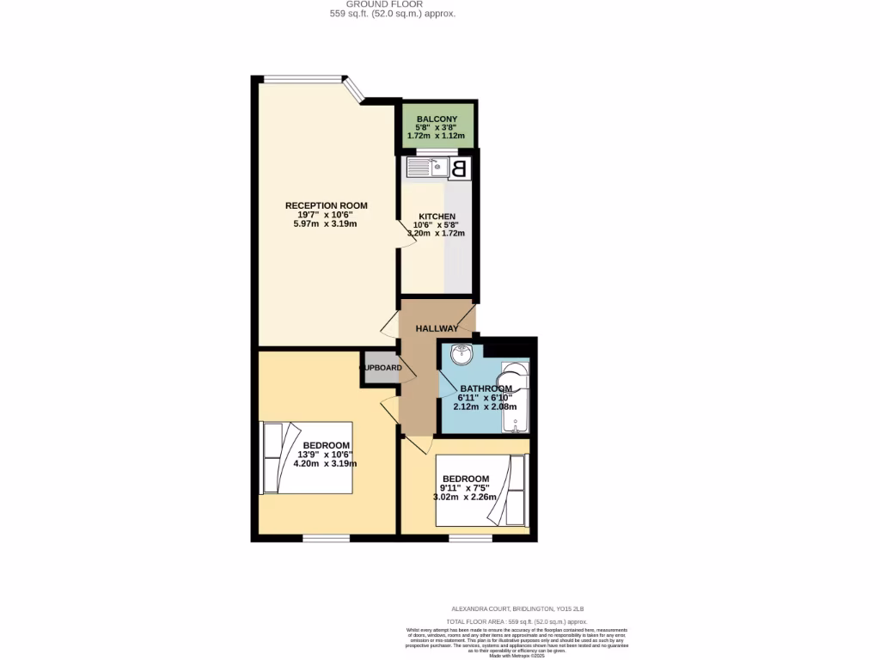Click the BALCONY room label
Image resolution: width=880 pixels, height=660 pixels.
tap(437, 119)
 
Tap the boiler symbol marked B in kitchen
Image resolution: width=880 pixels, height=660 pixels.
tap(460, 168)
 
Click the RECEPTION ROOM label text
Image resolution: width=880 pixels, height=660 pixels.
tap(326, 205)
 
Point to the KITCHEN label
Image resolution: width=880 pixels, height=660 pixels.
tap(437, 217)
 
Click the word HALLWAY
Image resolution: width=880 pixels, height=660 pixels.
tap(437, 329)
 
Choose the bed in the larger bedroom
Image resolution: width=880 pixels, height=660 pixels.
tap(306, 457)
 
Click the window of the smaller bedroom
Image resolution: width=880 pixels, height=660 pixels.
tap(470, 538)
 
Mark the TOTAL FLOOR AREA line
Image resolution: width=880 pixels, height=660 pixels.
tap(516, 621)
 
